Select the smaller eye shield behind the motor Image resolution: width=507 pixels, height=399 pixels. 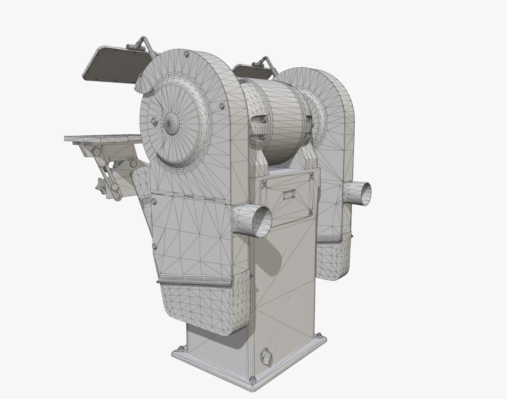(252, 71)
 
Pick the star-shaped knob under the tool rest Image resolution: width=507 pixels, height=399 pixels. (101, 185)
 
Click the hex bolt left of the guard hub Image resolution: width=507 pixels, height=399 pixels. (154, 120)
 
